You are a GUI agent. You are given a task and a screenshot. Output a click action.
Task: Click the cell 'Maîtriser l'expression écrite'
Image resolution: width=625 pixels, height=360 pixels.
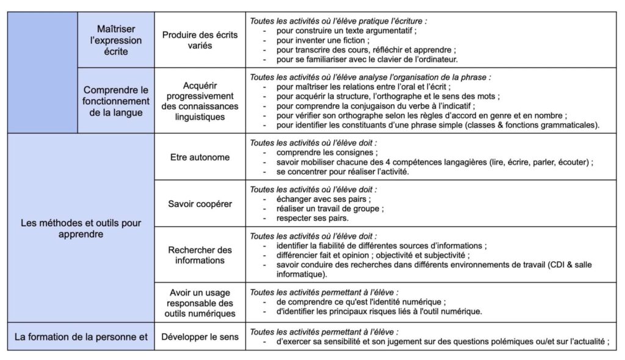[116, 40]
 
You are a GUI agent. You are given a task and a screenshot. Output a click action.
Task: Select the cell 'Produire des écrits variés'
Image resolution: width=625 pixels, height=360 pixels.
[200, 40]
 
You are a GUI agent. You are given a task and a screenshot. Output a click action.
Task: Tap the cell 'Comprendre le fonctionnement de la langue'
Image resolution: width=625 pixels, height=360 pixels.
[116, 101]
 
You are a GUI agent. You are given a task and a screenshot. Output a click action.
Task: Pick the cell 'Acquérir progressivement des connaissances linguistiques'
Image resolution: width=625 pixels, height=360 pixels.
[200, 101]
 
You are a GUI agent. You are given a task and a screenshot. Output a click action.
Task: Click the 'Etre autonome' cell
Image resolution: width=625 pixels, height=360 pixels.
[200, 157]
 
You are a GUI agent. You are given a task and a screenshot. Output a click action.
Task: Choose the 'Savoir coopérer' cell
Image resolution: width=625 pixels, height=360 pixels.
[200, 204]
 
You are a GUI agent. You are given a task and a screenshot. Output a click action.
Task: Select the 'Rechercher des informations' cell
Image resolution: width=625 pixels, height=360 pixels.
[200, 255]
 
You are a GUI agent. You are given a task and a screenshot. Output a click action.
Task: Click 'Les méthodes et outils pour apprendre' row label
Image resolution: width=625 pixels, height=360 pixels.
[81, 228]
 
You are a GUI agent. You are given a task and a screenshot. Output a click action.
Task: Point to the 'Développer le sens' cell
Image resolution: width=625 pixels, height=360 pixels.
[200, 336]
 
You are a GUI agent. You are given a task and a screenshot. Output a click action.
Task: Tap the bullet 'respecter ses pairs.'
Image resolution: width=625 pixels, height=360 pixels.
[312, 218]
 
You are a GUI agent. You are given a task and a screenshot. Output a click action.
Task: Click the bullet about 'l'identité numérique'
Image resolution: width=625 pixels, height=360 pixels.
[361, 302]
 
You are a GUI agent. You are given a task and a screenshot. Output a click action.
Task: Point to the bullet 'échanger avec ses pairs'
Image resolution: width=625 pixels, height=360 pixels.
[323, 199]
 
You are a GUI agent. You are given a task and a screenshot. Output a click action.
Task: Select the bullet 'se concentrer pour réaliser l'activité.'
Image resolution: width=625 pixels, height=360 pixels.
[342, 171]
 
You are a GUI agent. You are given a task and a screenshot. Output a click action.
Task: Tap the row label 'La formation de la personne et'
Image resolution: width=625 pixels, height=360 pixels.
[81, 336]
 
